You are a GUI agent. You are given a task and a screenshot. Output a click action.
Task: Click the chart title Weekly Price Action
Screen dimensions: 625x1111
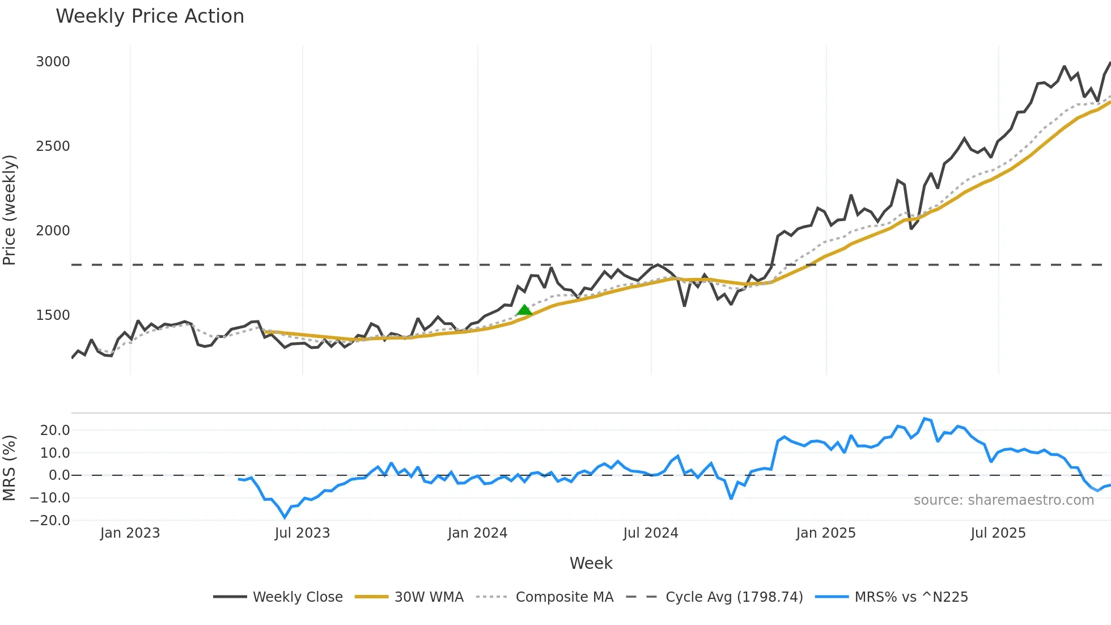(150, 16)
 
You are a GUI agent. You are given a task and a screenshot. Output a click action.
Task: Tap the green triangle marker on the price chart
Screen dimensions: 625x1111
(524, 310)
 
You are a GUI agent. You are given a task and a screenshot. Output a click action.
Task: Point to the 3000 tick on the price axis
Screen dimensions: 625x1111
(53, 62)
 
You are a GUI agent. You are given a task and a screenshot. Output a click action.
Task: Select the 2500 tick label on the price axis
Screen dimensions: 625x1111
(53, 146)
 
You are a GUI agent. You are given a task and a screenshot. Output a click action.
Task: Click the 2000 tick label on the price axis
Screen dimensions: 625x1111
(53, 231)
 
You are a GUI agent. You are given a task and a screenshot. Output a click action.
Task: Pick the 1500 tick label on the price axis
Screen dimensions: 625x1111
(53, 315)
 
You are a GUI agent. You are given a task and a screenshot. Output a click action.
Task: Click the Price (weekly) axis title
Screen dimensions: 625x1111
(10, 210)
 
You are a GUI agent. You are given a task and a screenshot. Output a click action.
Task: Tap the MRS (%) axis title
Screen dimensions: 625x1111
(10, 468)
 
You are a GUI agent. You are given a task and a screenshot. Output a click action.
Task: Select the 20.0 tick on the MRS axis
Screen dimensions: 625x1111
(55, 430)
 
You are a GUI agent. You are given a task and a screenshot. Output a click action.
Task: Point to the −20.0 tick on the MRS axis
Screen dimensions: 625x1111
(50, 521)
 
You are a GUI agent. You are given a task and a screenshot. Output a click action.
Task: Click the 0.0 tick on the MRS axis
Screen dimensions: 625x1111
(59, 475)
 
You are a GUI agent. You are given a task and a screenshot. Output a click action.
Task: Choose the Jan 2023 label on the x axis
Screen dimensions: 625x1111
(130, 533)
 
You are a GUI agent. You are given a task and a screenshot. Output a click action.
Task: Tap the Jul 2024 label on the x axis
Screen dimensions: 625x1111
(650, 533)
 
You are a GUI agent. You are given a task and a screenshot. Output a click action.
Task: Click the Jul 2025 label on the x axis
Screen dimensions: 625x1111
(998, 533)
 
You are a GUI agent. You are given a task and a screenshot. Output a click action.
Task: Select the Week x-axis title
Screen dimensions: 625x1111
(591, 563)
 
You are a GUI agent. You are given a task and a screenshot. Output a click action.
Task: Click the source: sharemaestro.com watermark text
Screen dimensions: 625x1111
(1003, 500)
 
